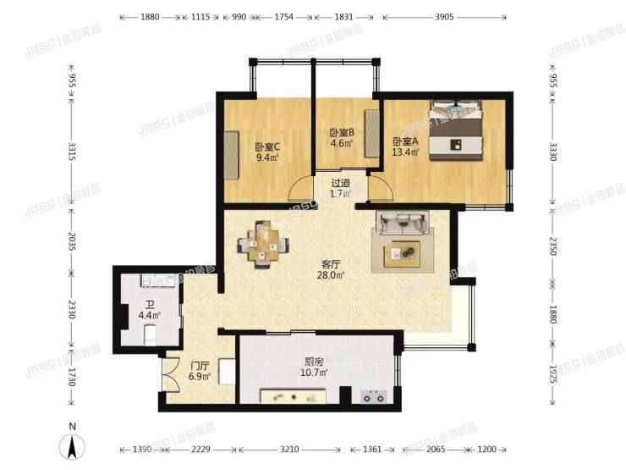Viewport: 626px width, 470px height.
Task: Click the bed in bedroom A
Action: pos(457,130)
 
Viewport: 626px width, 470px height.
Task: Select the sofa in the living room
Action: pos(404,223)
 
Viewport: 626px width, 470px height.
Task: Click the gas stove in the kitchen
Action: pos(373,395)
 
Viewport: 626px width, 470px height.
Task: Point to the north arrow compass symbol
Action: pos(73,445)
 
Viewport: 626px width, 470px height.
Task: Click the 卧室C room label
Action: pos(267,152)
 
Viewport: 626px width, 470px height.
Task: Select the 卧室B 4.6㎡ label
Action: pos(341,137)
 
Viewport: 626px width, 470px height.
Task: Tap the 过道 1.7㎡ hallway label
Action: pos(340,188)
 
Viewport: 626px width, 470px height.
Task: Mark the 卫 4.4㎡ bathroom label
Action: pos(149,310)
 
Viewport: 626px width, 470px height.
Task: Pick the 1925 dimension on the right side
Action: pos(553,373)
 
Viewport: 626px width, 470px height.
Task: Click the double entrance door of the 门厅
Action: pos(169,373)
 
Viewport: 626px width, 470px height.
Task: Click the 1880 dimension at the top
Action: pos(150,17)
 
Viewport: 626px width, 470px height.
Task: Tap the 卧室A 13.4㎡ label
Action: pos(404,147)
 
